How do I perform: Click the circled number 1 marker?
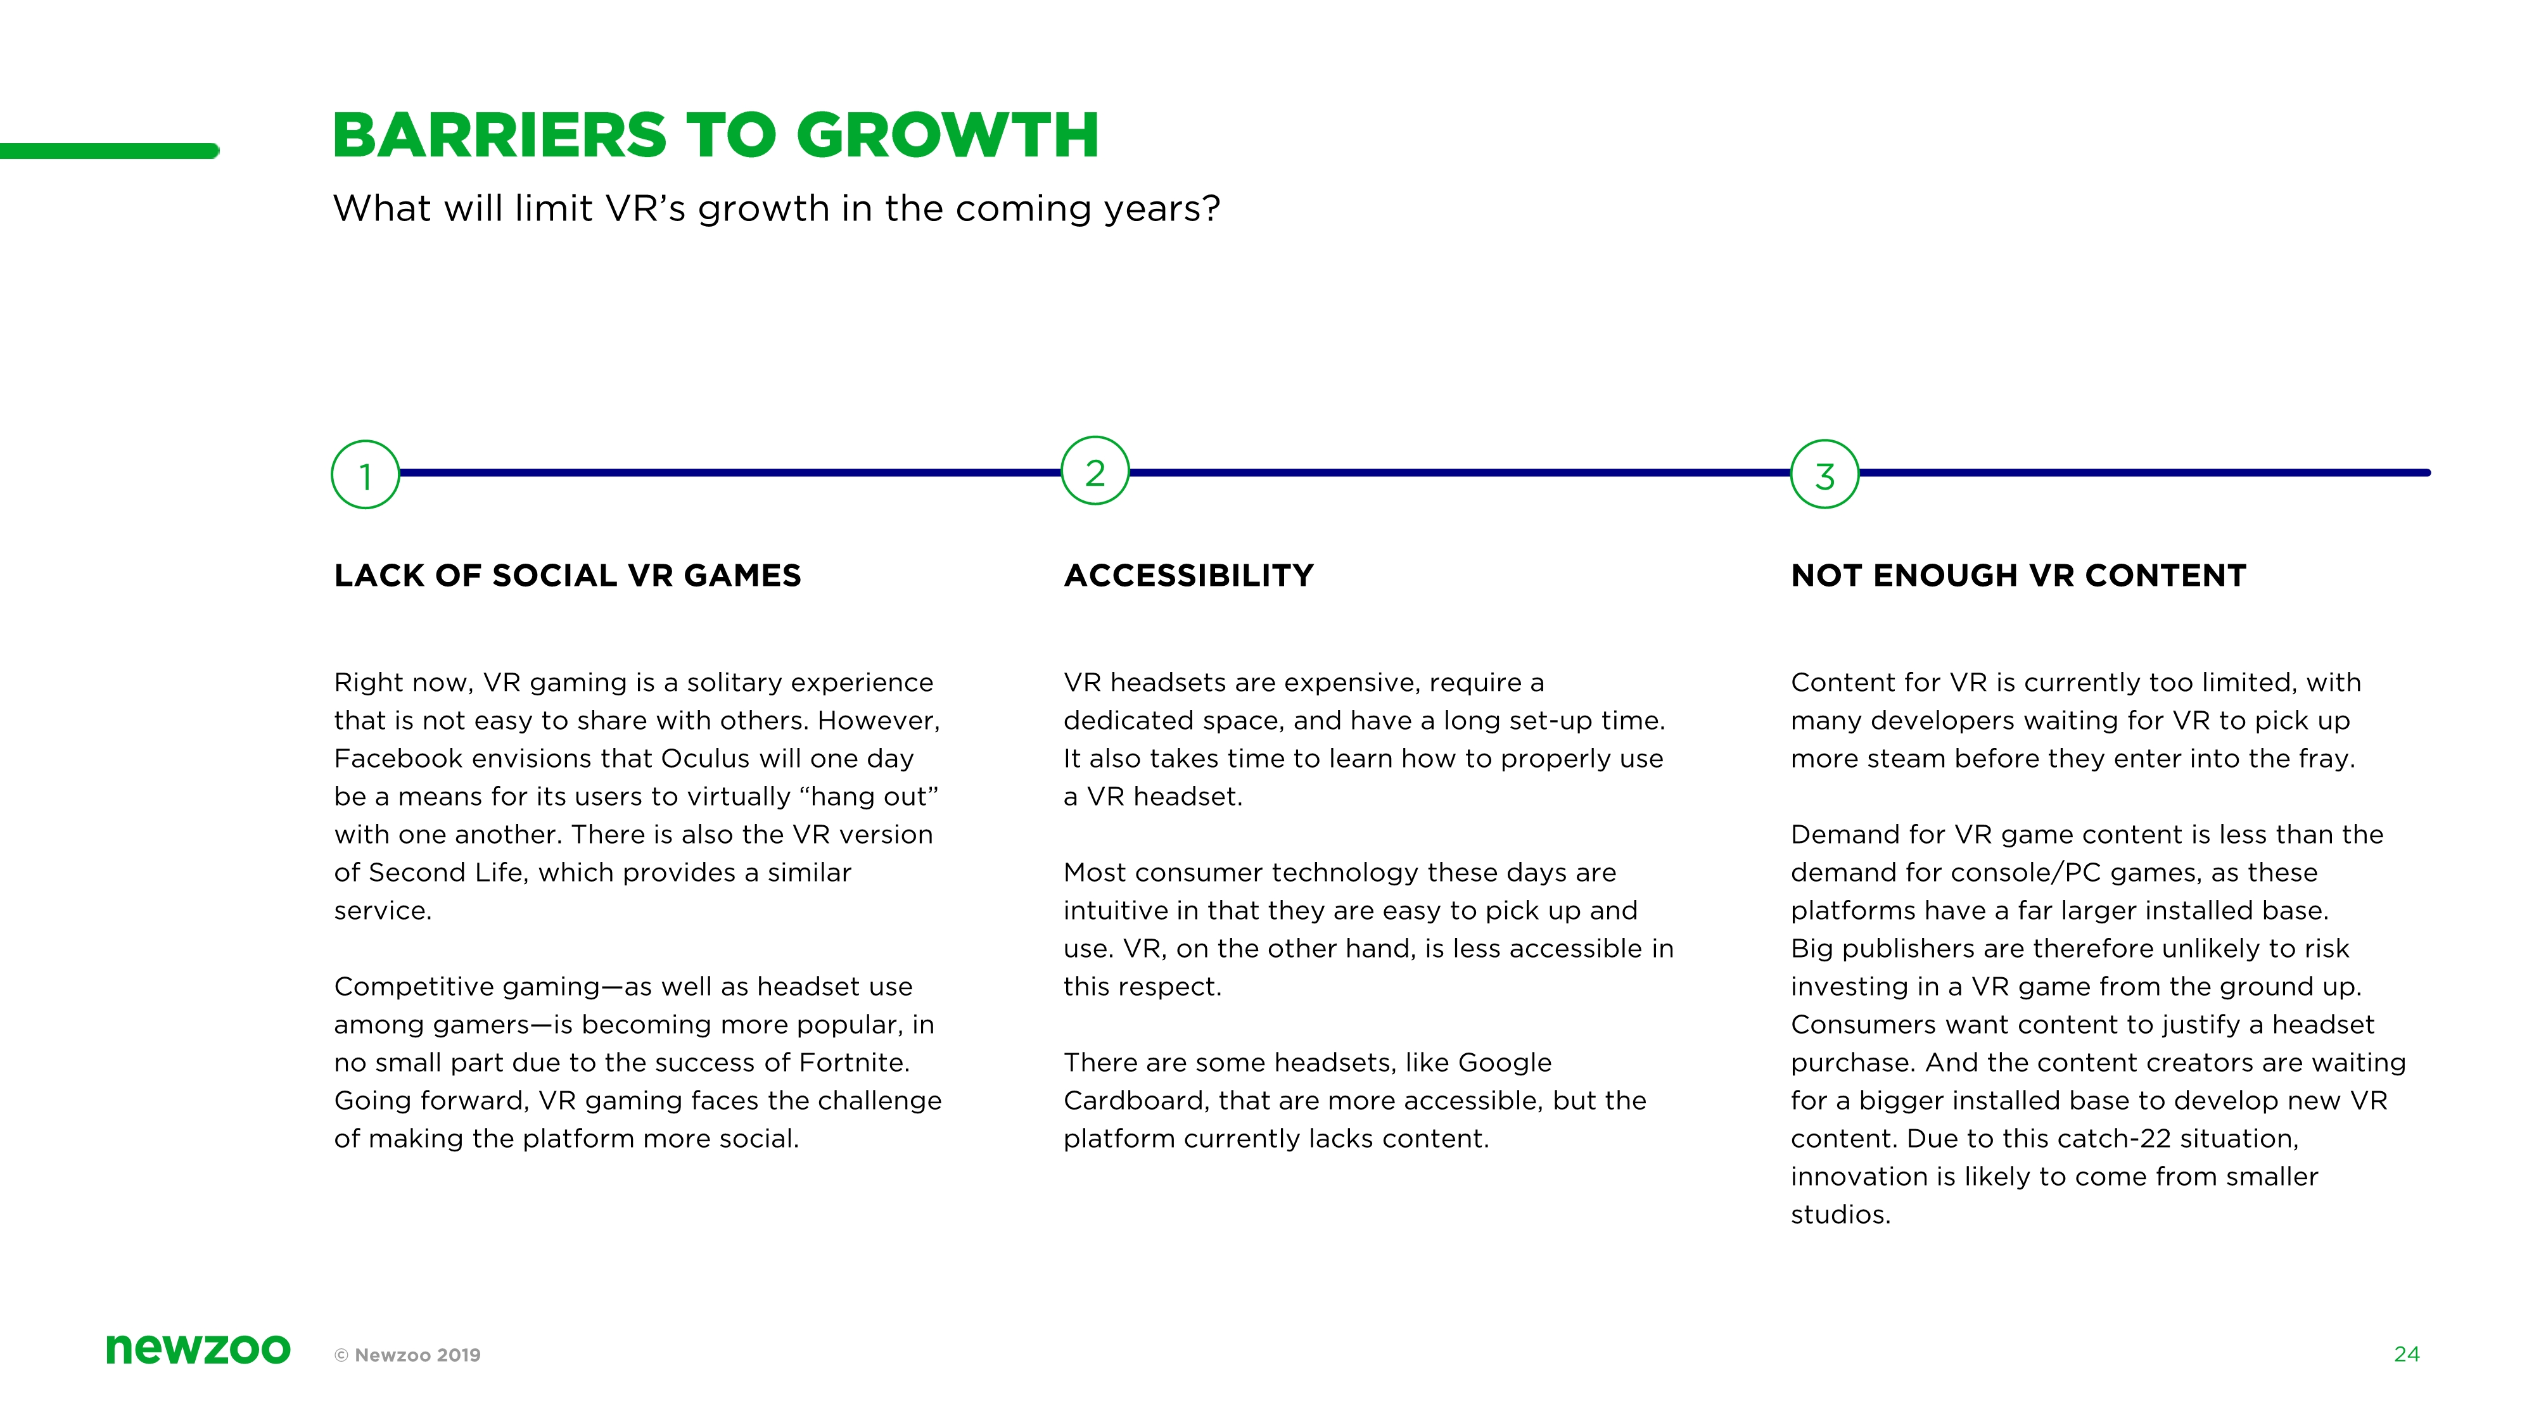[365, 475]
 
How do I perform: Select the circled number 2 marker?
[1095, 471]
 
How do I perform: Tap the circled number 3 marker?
[1824, 474]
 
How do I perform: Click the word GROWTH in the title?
[947, 135]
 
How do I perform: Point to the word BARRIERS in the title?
[500, 135]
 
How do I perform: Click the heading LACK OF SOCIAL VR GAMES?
[568, 575]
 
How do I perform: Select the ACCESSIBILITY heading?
[1188, 575]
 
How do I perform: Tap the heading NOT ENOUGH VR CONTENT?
[2018, 575]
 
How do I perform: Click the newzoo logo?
[198, 1348]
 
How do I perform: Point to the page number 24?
[2406, 1354]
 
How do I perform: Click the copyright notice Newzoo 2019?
[407, 1354]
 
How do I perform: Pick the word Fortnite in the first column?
[854, 1062]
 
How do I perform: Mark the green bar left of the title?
[109, 151]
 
